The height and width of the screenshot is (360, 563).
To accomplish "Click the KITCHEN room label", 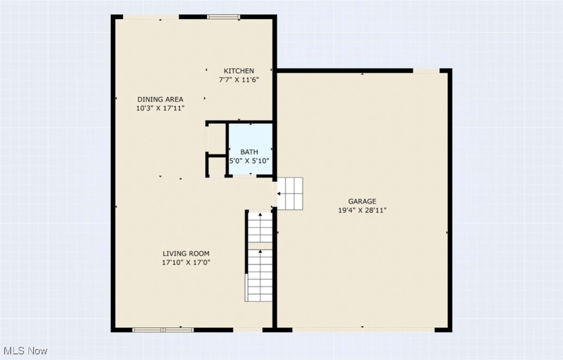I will click(x=239, y=71).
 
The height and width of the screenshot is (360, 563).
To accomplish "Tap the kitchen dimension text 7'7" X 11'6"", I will click(x=239, y=80).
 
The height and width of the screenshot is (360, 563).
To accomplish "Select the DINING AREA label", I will click(x=160, y=100).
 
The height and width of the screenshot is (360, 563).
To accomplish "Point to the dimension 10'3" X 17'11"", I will click(x=160, y=108).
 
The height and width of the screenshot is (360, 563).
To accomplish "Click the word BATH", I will click(x=249, y=152).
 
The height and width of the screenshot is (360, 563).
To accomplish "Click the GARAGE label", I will click(x=362, y=202).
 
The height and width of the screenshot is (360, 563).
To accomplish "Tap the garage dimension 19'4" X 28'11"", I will click(x=362, y=210).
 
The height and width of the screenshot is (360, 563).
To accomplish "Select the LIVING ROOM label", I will click(x=186, y=254).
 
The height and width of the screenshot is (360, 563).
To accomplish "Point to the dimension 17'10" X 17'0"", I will click(x=186, y=263).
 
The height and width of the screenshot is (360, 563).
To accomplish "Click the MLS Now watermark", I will click(x=25, y=351).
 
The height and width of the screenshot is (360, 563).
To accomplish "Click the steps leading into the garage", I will click(x=290, y=193).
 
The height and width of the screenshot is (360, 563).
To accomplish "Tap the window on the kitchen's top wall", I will click(x=224, y=17).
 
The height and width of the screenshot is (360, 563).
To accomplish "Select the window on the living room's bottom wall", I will click(x=163, y=330).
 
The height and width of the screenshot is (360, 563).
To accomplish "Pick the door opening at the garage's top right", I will click(x=426, y=71).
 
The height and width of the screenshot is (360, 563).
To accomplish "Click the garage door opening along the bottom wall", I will click(x=363, y=330).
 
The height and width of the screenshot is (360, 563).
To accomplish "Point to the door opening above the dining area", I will click(x=151, y=17).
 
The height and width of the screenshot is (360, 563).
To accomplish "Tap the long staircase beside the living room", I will click(x=260, y=256).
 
